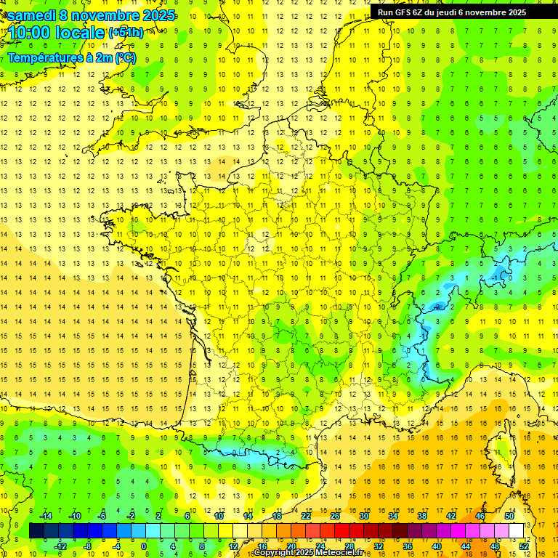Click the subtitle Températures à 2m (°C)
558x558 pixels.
[71, 57]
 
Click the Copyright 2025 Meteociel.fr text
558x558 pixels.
[312, 553]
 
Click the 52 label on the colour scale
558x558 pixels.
[524, 546]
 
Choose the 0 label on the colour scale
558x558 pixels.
[144, 546]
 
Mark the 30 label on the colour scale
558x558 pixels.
[363, 516]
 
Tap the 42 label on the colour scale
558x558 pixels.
[450, 516]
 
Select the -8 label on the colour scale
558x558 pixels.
[88, 546]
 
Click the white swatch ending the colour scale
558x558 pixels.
[516, 531]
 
